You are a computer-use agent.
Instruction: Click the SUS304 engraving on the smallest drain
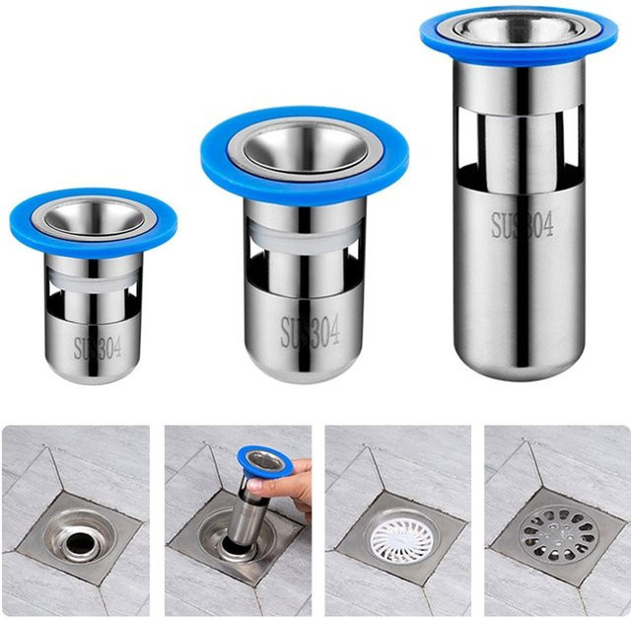click(x=98, y=348)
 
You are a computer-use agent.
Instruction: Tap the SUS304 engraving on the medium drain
click(x=310, y=332)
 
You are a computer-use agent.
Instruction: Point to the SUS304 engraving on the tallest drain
click(x=522, y=224)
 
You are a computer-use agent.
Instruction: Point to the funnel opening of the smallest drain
click(x=94, y=217)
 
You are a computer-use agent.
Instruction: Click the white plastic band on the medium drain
click(x=305, y=238)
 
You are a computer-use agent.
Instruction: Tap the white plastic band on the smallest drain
click(x=94, y=278)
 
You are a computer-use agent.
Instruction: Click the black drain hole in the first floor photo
click(x=81, y=544)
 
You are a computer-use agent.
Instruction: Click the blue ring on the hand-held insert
click(x=263, y=463)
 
